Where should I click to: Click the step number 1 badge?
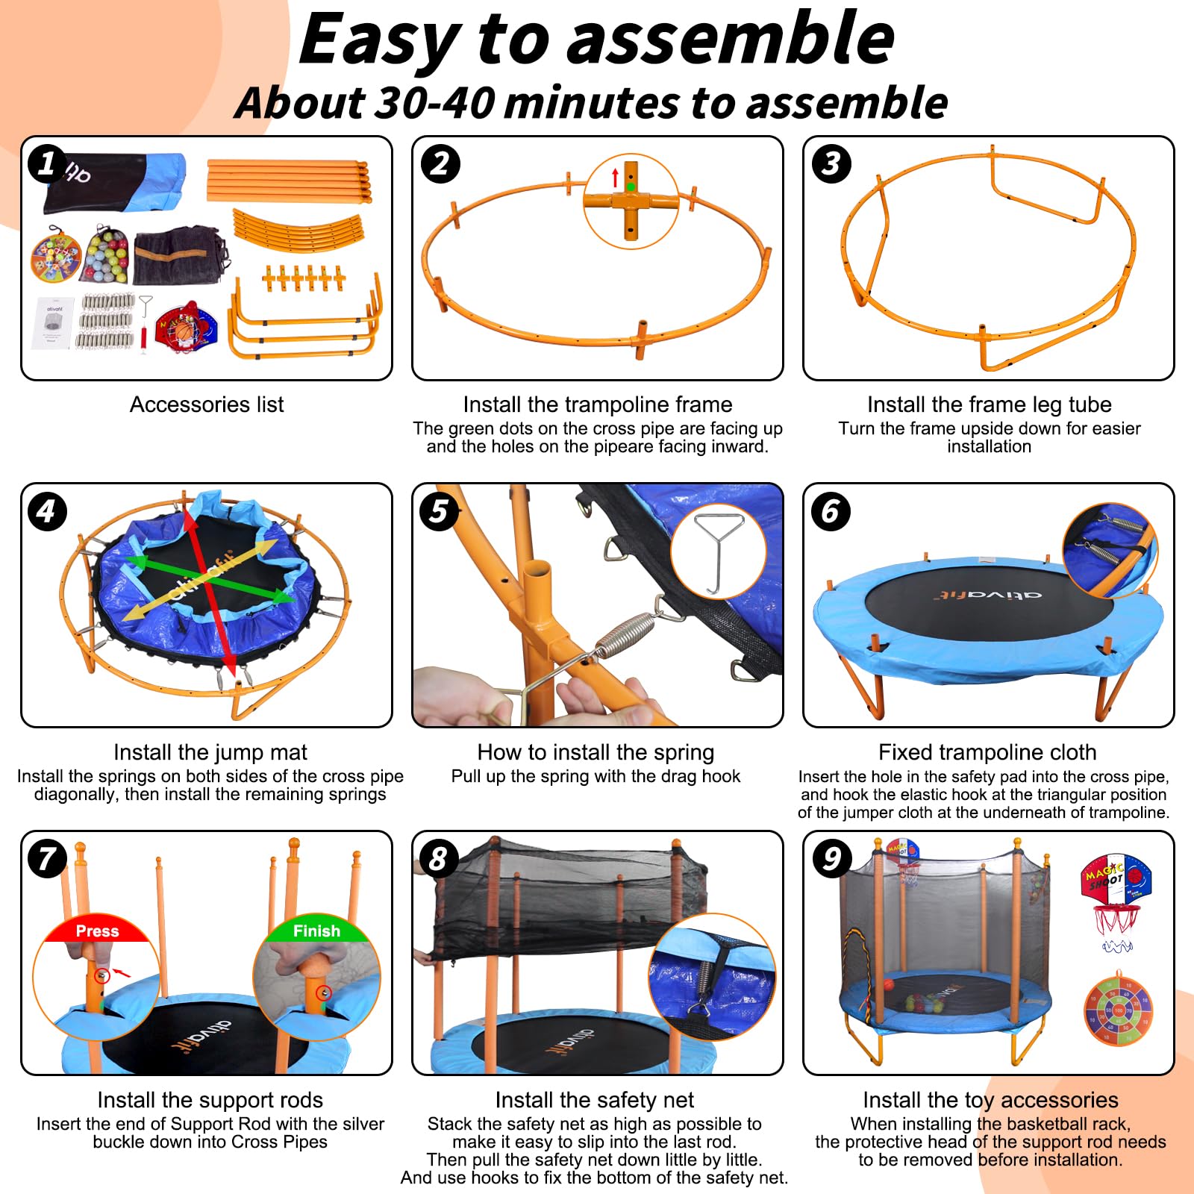pos(47,164)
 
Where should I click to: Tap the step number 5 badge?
pos(439,512)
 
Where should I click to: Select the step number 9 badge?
pos(831,859)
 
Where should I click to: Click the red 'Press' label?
pos(97,931)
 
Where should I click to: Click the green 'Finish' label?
pos(316,931)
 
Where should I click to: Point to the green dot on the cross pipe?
pos(631,187)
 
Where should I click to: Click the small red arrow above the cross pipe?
pos(615,178)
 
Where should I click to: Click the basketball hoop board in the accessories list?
pos(185,327)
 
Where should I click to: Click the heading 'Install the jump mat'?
pos(210,752)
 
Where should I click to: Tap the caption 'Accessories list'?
pos(207,404)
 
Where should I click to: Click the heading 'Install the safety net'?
pos(595,1100)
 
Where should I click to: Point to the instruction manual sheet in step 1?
pos(54,323)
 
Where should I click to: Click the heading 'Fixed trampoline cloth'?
pos(987,752)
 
